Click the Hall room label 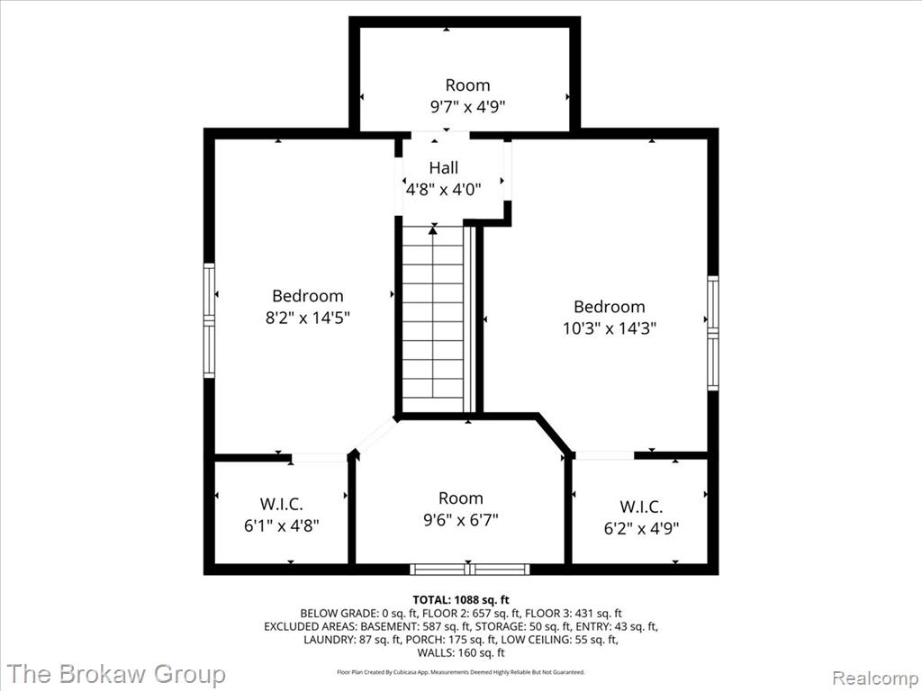pos(443,168)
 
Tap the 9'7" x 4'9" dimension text pos(467,107)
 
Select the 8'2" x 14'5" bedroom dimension pos(308,318)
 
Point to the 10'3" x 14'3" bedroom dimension pos(610,328)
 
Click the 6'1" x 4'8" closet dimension pos(281,525)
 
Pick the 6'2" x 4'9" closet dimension pos(641,527)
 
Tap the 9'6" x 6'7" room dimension pos(460,520)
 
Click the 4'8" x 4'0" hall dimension pos(443,190)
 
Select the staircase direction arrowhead pos(433,229)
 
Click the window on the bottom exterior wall pos(469,569)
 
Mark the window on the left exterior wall pos(209,320)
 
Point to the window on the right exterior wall pos(713,333)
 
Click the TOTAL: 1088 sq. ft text pos(460,600)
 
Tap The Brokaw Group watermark pos(116,674)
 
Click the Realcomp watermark pos(874,678)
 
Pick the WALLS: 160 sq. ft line pos(460,652)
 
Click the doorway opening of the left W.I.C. pos(320,458)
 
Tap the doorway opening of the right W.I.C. pos(604,455)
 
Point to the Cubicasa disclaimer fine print pos(460,671)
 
